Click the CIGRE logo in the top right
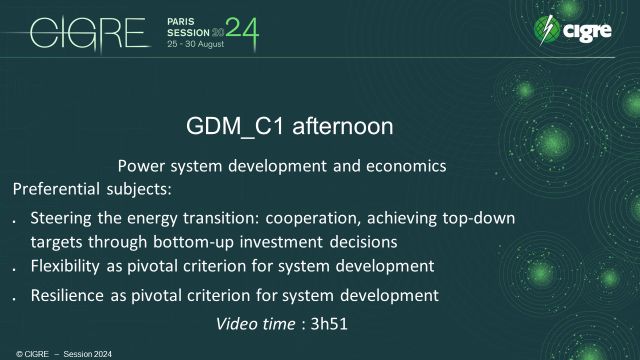click(x=577, y=31)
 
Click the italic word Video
click(x=236, y=323)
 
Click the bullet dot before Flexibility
click(x=13, y=268)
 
